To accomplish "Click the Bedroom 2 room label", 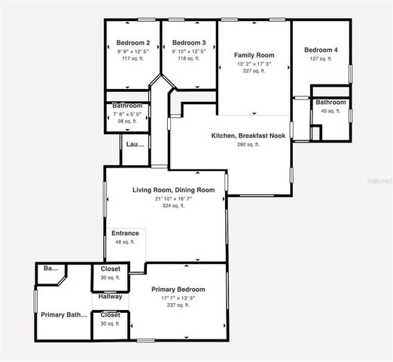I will pyautogui.click(x=133, y=43).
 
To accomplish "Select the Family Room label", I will pyautogui.click(x=254, y=56).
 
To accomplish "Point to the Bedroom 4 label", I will pyautogui.click(x=321, y=51).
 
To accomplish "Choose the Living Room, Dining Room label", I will pyautogui.click(x=174, y=190).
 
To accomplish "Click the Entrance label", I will pyautogui.click(x=125, y=233).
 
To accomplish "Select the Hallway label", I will pyautogui.click(x=111, y=297).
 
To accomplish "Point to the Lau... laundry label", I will pyautogui.click(x=135, y=144).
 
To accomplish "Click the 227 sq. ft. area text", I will pyautogui.click(x=254, y=72).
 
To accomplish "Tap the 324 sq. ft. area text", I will pyautogui.click(x=174, y=206).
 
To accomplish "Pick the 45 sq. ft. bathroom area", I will pyautogui.click(x=331, y=111).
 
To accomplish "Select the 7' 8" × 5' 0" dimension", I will pyautogui.click(x=127, y=114).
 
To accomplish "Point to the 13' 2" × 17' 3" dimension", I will pyautogui.click(x=254, y=64).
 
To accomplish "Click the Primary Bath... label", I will pyautogui.click(x=63, y=315).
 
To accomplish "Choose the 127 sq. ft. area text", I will pyautogui.click(x=321, y=59).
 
